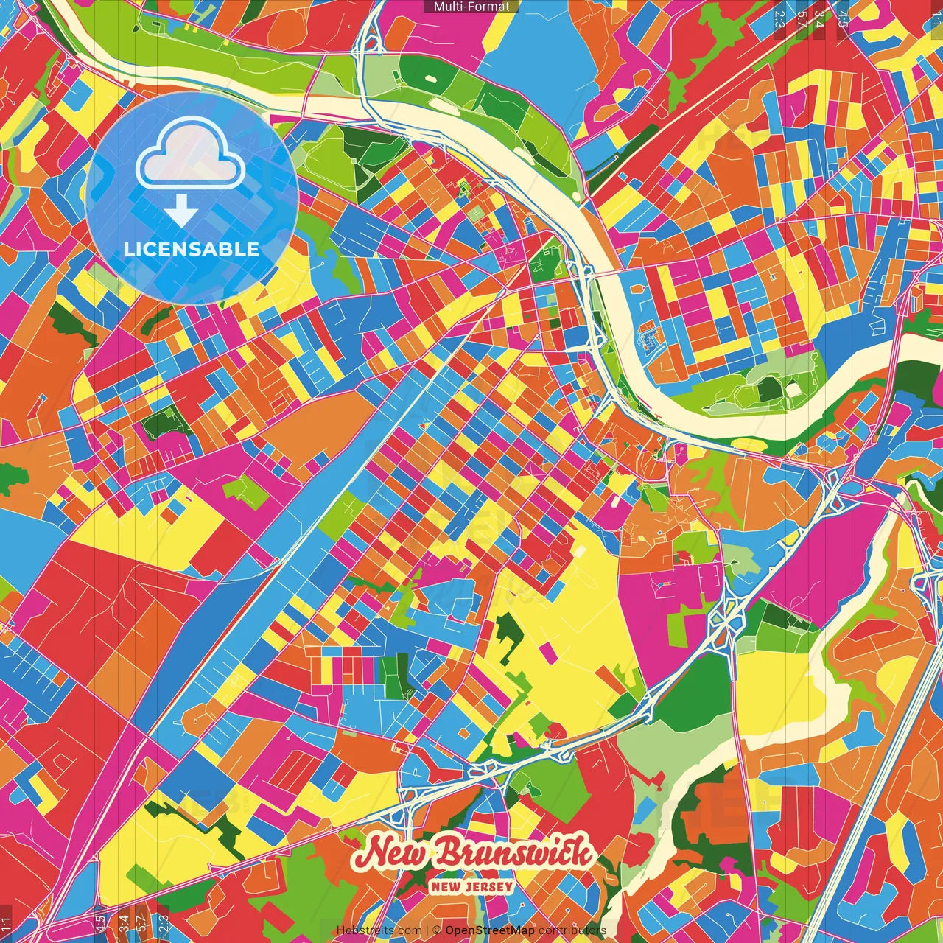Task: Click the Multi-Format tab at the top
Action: (471, 7)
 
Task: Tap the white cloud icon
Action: (191, 156)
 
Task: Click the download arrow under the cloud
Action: (181, 212)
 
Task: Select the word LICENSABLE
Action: (192, 249)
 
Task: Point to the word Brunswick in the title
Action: (514, 853)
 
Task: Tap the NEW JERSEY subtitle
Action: (471, 886)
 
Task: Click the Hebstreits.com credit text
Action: (379, 930)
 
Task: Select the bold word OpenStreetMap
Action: (490, 930)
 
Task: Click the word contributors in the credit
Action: (572, 930)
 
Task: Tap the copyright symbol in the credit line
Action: (436, 930)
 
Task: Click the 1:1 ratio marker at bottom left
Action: (7, 924)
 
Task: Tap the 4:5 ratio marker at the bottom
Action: (99, 924)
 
